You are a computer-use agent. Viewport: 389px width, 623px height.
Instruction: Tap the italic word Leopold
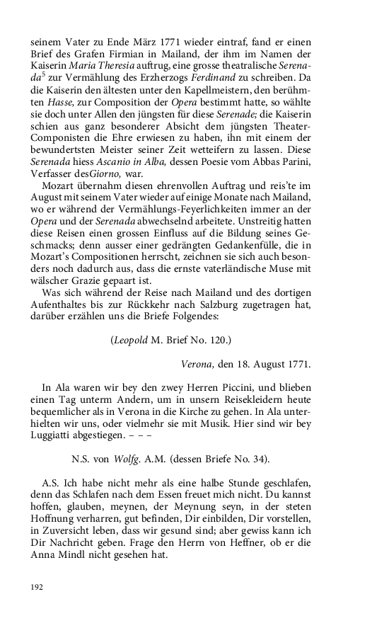pyautogui.click(x=129, y=340)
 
